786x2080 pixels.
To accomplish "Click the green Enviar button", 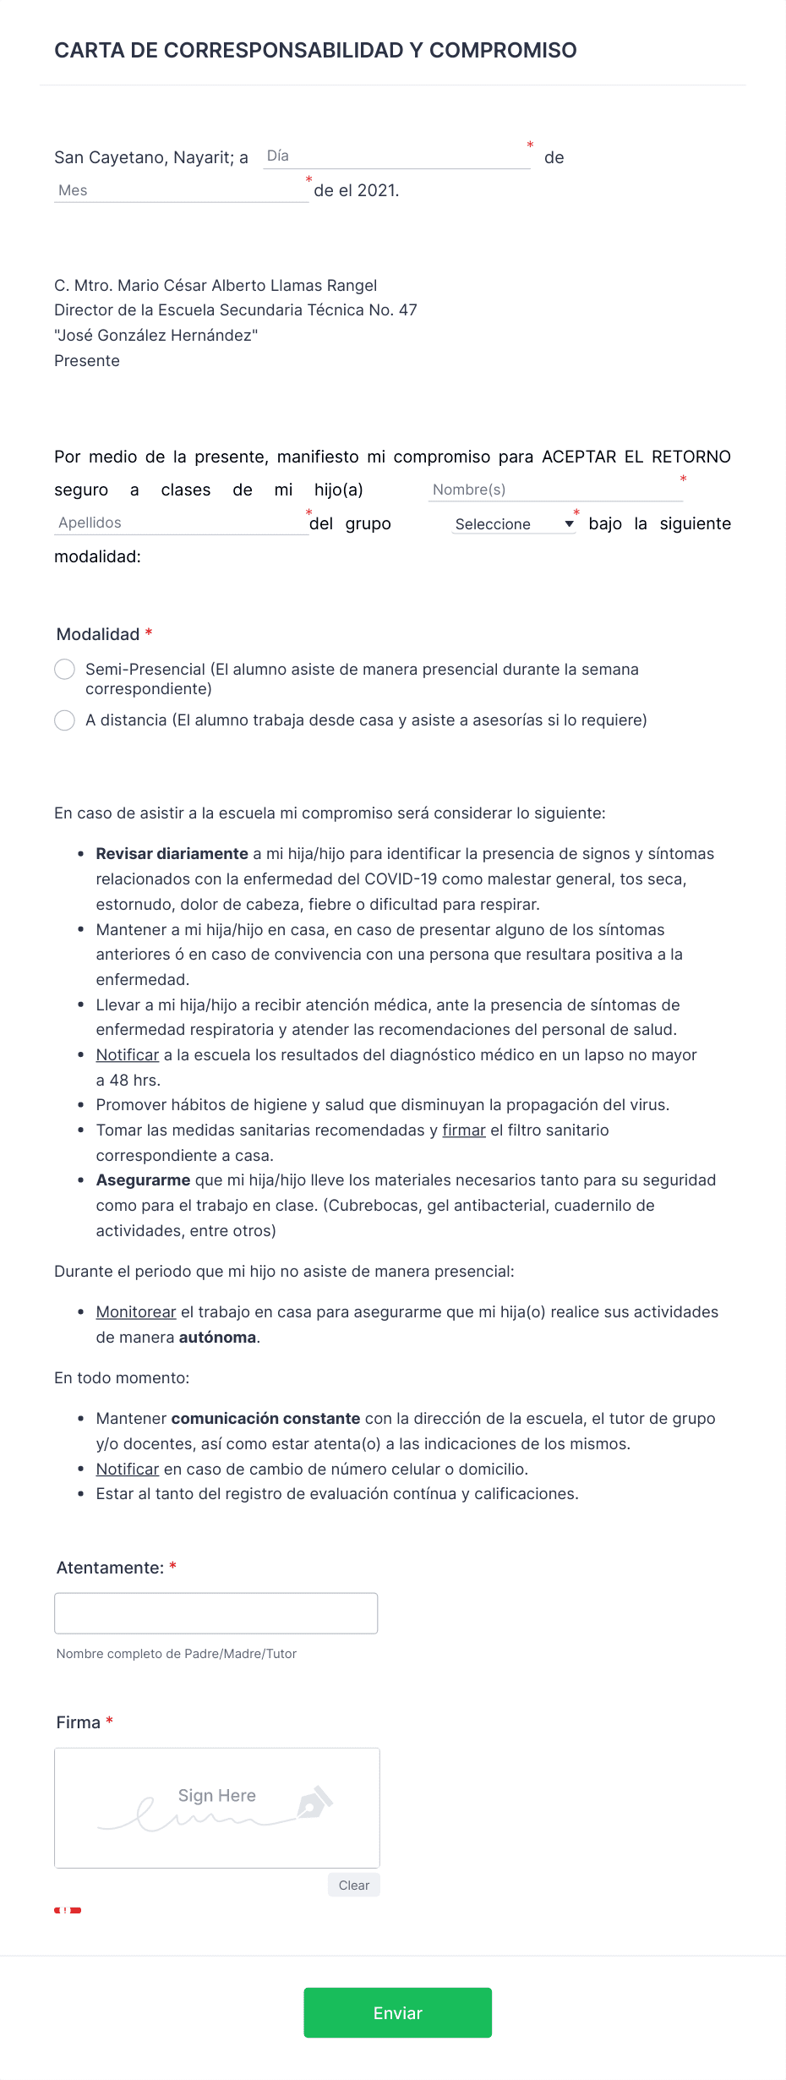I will (x=397, y=2012).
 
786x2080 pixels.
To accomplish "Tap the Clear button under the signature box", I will (x=353, y=1885).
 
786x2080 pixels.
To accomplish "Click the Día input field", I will (x=396, y=156).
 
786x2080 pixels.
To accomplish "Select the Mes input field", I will (x=180, y=190).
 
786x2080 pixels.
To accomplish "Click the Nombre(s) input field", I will (x=554, y=490).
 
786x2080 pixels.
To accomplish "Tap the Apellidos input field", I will (x=180, y=523).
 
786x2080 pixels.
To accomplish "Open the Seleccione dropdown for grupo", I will (x=513, y=524).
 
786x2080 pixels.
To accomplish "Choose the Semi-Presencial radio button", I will (x=65, y=670).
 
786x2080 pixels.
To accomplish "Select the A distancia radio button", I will (x=65, y=720).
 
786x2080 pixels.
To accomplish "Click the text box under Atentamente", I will (x=216, y=1613).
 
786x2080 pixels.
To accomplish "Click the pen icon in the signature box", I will (x=314, y=1803).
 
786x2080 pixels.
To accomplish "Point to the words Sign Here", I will (x=216, y=1795).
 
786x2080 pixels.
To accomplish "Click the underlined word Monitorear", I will (x=136, y=1312).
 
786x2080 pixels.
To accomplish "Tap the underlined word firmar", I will (x=464, y=1130).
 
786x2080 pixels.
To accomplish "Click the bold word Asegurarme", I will (x=143, y=1180).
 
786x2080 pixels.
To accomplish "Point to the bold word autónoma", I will (x=217, y=1338).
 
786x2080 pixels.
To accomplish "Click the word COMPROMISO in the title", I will (x=503, y=51).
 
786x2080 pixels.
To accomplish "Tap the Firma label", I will (x=79, y=1722).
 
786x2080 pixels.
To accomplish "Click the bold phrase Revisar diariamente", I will (x=172, y=854).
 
